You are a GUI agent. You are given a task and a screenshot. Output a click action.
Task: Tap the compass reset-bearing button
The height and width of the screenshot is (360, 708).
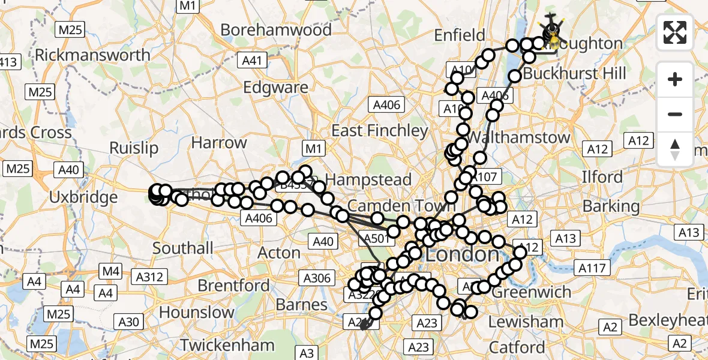[x=675, y=149]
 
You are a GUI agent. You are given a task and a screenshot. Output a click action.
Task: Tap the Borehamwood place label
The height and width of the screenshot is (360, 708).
[x=276, y=30]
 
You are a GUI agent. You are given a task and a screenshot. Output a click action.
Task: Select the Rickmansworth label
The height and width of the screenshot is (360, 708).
[x=93, y=55]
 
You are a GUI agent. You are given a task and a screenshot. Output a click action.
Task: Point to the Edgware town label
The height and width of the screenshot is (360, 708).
[x=276, y=88]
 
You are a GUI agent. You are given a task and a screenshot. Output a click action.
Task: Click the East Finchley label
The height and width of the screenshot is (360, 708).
[x=380, y=131]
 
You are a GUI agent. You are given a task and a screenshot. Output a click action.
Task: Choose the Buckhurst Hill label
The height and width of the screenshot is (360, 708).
[x=575, y=74]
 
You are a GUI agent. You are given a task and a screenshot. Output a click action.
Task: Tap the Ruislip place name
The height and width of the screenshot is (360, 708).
[x=134, y=148]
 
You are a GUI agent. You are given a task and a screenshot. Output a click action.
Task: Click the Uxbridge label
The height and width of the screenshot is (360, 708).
[x=83, y=197]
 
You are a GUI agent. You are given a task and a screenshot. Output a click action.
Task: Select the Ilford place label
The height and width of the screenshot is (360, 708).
[x=602, y=178]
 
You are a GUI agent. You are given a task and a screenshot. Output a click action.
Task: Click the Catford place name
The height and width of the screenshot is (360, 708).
[x=517, y=347]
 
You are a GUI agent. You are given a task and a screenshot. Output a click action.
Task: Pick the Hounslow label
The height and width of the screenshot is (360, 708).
[x=197, y=313]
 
